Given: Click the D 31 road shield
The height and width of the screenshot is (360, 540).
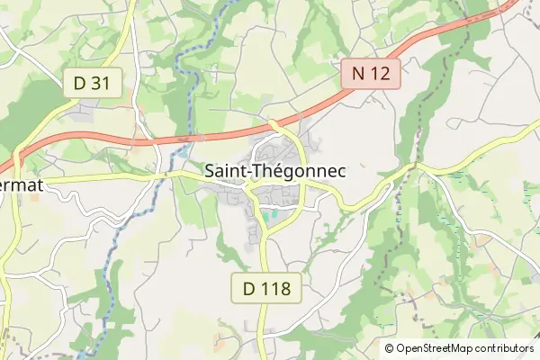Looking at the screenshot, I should (x=93, y=83).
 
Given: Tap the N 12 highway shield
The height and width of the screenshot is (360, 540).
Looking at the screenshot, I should (x=370, y=74).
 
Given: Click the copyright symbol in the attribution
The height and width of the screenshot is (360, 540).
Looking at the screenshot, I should (x=390, y=348).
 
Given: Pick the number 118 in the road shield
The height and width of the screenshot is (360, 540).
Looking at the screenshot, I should (x=276, y=290).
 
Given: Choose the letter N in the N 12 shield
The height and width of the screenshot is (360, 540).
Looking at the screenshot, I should (x=356, y=74).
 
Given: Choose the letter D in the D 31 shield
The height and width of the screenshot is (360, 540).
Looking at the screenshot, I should (x=80, y=83).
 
